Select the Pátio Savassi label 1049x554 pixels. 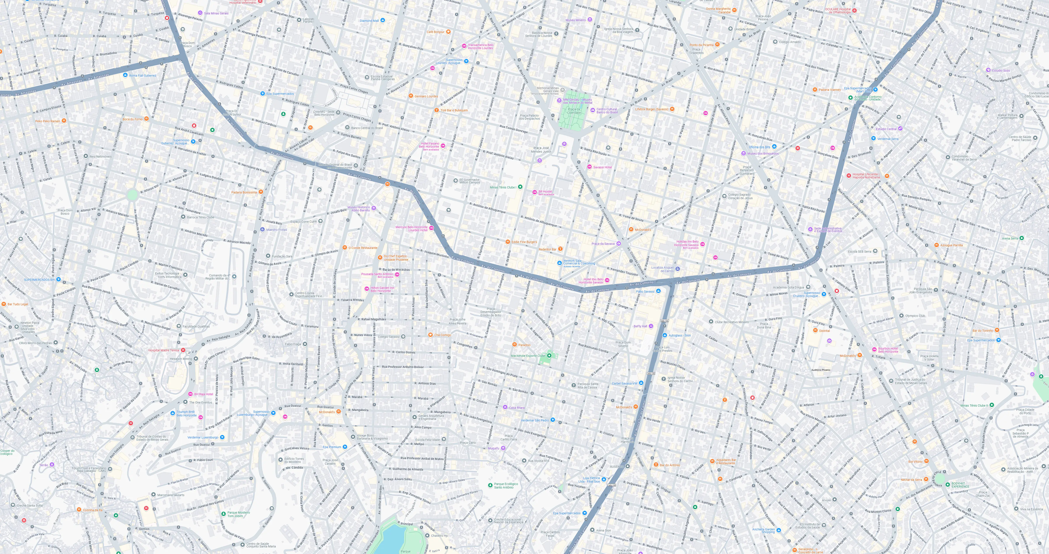[x=645, y=291]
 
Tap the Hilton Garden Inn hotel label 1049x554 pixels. [x=382, y=289]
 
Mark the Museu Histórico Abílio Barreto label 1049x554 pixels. [x=358, y=209]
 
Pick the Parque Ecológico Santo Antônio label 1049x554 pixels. [x=506, y=486]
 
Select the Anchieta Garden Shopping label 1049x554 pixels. [x=763, y=530]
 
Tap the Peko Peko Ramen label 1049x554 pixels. [x=48, y=121]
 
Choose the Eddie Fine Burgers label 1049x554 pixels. [x=524, y=242]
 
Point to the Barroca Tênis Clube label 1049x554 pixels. [x=200, y=217]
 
